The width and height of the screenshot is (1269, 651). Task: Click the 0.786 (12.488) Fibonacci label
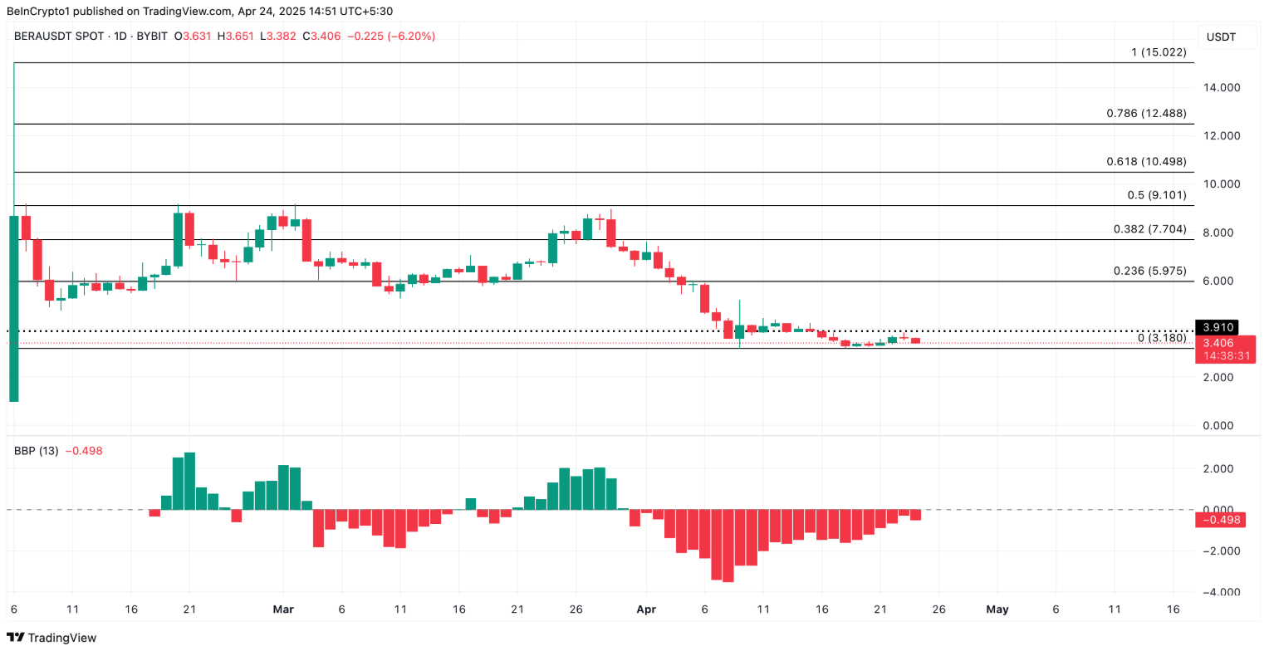coord(1146,113)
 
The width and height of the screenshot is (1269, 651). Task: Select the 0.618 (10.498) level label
coord(1146,162)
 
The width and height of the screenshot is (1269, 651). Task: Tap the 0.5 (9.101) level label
coord(1157,195)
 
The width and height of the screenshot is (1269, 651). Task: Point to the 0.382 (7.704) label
coord(1149,229)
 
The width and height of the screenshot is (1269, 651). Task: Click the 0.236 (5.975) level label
coord(1149,272)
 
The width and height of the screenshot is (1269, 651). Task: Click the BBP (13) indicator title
coord(36,451)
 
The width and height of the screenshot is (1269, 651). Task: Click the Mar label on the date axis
coord(283,609)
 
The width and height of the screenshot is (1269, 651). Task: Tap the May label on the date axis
coord(997,609)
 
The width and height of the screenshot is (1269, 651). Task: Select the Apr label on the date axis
coord(645,609)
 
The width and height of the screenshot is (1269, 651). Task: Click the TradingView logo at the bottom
coord(51,638)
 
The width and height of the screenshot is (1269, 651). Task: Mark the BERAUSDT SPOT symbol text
coord(55,37)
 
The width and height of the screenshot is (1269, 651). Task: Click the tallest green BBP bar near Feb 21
coord(189,481)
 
